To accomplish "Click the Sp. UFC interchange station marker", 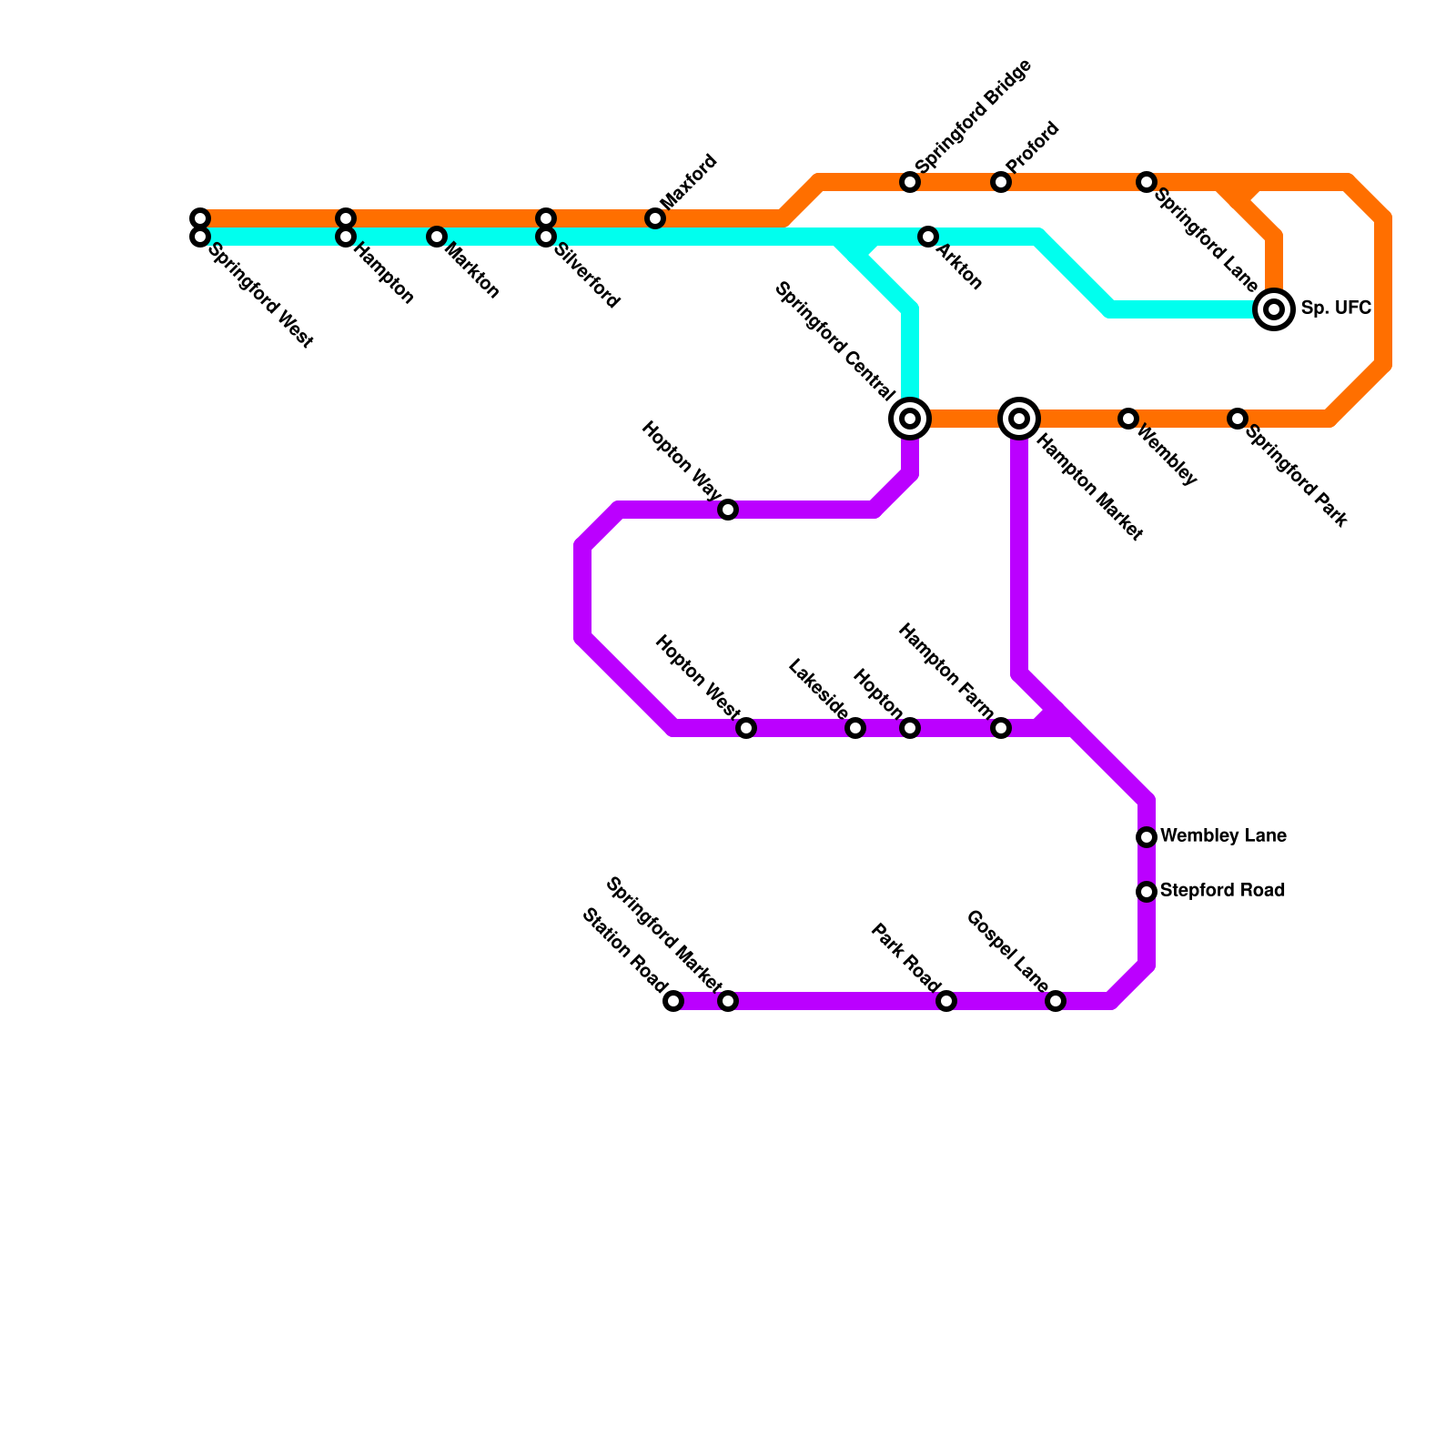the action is click(1274, 309).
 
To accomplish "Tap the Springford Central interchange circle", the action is click(910, 419).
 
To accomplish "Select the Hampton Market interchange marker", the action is click(1019, 419).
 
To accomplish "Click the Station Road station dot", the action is click(673, 1001).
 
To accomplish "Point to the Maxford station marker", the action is click(655, 218).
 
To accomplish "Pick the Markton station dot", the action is click(437, 237).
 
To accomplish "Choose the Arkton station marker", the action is click(928, 237).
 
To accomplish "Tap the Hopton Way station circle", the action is click(728, 510).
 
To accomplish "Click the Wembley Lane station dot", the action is click(1147, 837).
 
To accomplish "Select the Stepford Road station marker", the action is click(1147, 892).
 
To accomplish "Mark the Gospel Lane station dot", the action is click(1056, 1001).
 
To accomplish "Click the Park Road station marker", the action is click(946, 1001).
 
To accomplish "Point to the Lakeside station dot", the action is click(855, 728).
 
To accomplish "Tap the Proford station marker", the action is click(1001, 182).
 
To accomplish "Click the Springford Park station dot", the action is click(1238, 419).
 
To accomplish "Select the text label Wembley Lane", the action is click(1223, 836).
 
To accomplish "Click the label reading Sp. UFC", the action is click(1335, 308).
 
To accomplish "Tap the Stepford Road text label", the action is click(1222, 891).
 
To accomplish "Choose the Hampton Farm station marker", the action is click(1001, 728).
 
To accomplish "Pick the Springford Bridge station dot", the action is click(910, 182).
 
